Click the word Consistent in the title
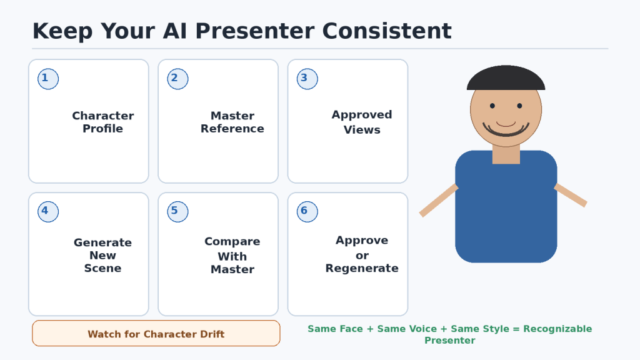(x=387, y=31)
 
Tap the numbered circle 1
(x=48, y=79)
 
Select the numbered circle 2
(x=177, y=79)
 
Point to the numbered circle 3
(x=307, y=79)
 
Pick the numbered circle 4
(x=48, y=212)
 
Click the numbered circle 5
(x=177, y=212)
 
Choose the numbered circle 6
(x=307, y=212)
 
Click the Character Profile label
(x=103, y=122)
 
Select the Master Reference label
(x=232, y=122)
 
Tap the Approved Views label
(x=362, y=122)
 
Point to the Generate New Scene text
(x=103, y=255)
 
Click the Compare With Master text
(x=232, y=255)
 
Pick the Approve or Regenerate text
(x=362, y=254)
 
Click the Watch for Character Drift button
(x=156, y=334)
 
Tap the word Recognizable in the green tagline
(x=557, y=329)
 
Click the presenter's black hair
(x=506, y=78)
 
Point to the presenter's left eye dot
(x=492, y=106)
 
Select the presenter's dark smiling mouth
(x=506, y=131)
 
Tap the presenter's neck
(x=506, y=154)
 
